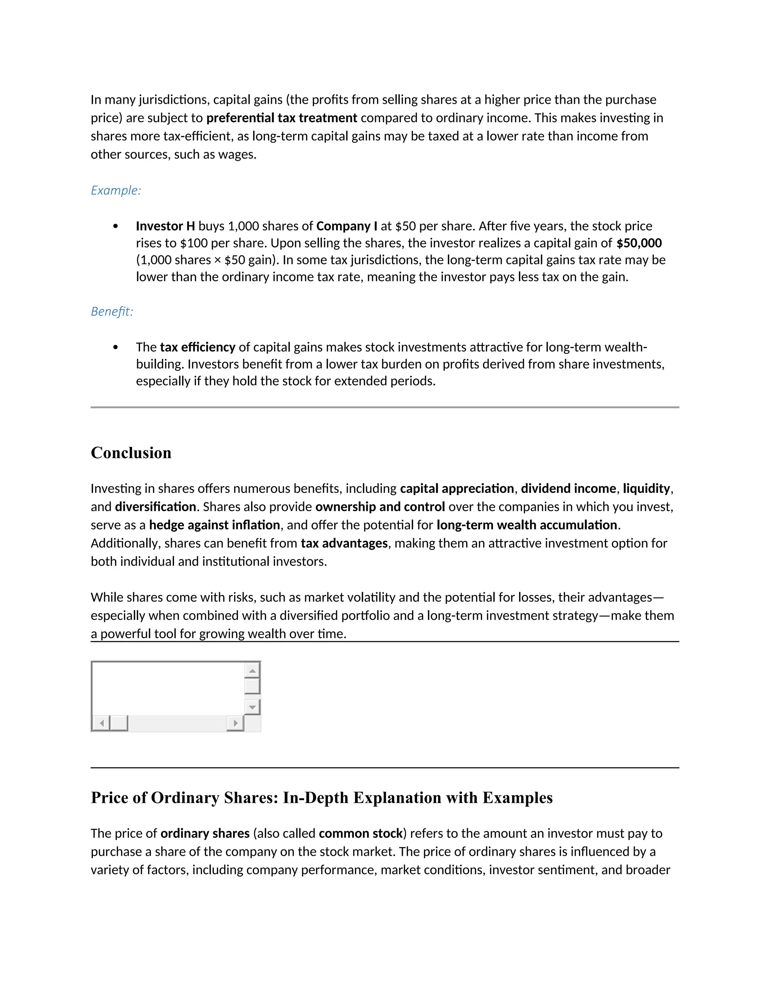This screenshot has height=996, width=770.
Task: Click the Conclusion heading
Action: click(x=131, y=453)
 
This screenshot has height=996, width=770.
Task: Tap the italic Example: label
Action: click(x=116, y=190)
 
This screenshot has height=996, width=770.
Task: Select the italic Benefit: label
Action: click(x=112, y=312)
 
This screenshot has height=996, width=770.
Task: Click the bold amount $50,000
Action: click(x=639, y=243)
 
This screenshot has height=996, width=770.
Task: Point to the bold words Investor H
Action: click(x=165, y=226)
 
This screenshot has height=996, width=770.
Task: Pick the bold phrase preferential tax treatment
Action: click(x=282, y=118)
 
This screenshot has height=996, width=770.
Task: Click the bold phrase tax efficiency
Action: click(x=197, y=348)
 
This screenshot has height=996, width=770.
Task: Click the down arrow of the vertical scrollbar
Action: click(x=252, y=707)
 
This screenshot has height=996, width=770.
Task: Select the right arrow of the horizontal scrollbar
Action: click(x=235, y=723)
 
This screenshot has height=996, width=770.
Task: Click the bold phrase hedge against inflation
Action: click(x=214, y=525)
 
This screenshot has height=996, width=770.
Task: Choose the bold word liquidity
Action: click(x=646, y=489)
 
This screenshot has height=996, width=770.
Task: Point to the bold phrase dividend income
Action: click(x=568, y=489)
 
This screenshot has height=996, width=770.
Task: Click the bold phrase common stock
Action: click(x=360, y=834)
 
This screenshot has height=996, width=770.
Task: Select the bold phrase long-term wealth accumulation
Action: click(x=527, y=525)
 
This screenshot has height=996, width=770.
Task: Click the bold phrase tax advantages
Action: click(x=344, y=543)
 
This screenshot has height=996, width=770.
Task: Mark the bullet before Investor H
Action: click(x=115, y=226)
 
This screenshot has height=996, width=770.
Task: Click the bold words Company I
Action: click(x=347, y=226)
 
